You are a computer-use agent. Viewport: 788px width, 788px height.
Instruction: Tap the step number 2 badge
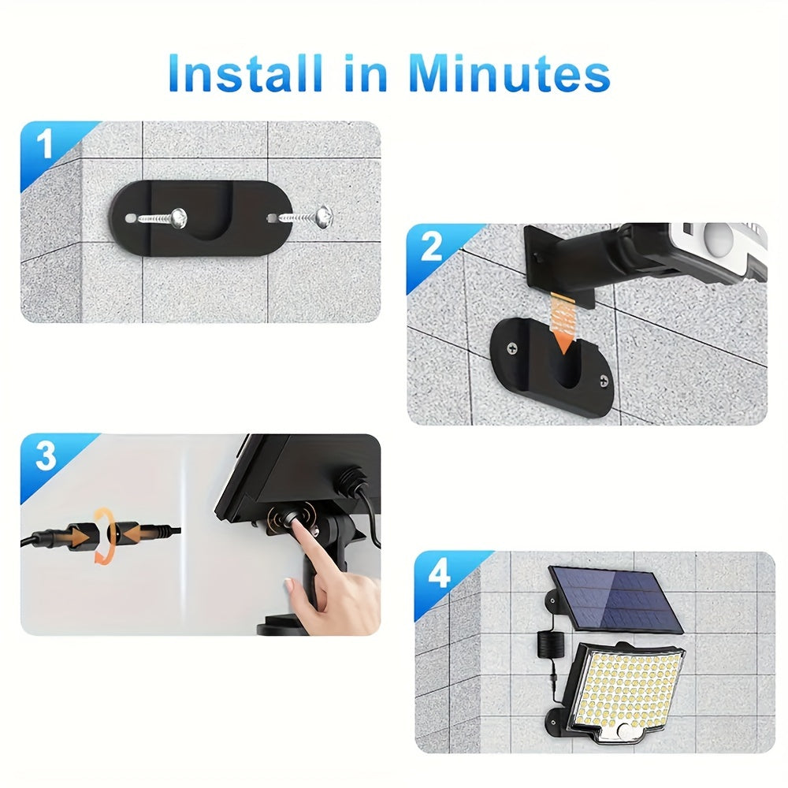tap(431, 247)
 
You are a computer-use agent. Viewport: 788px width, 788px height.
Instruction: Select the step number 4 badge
tap(439, 575)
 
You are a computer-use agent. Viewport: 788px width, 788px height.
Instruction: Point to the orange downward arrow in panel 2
tap(561, 325)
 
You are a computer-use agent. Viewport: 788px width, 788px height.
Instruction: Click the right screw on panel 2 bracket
tap(605, 382)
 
